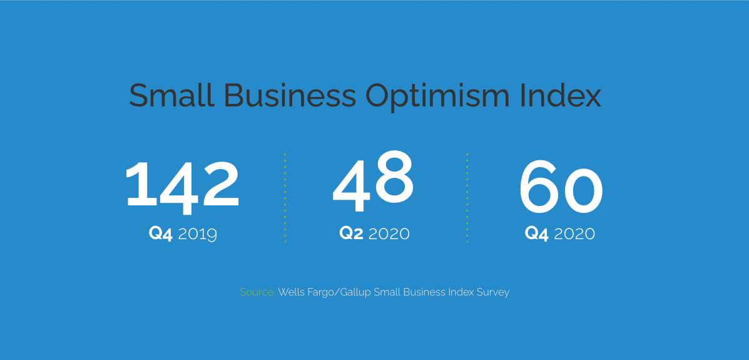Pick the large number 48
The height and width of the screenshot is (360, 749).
click(x=373, y=181)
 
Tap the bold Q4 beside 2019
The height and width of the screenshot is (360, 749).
click(x=160, y=234)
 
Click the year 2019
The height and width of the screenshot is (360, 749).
click(x=197, y=234)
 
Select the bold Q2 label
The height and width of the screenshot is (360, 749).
click(x=351, y=234)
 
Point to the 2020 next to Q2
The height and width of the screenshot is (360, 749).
click(x=389, y=234)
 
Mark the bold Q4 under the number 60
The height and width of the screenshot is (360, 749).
click(x=536, y=234)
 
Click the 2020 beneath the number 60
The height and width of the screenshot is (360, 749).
click(x=574, y=234)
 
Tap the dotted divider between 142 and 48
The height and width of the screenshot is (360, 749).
click(x=285, y=198)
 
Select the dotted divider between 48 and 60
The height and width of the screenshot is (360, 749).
click(x=467, y=198)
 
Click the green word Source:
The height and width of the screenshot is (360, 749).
click(x=257, y=292)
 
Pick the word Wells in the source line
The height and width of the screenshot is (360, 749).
click(x=290, y=292)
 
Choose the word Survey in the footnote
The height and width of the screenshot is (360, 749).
click(x=493, y=292)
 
